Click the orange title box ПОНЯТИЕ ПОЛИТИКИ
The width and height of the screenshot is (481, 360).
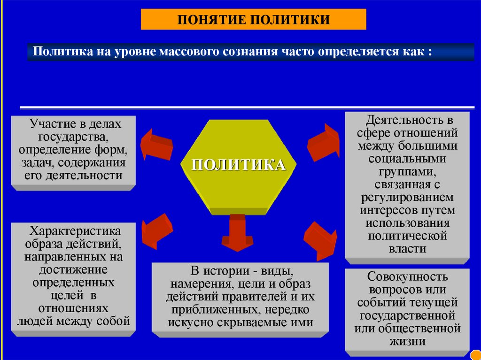pos(253,19)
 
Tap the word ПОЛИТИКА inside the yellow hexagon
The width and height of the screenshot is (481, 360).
pos(239,165)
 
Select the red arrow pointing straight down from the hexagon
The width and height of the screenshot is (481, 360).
pos(238,233)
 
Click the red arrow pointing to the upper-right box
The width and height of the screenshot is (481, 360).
pos(323,141)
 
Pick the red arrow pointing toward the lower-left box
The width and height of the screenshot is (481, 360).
pos(157,229)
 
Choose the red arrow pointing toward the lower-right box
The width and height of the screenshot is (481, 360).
pos(320,240)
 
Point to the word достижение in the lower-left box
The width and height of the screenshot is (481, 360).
pos(75,270)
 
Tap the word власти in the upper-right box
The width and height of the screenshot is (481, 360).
pos(407,249)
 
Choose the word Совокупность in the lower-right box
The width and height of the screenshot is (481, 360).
pos(407,276)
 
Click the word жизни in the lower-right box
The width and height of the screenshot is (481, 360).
pos(407,341)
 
